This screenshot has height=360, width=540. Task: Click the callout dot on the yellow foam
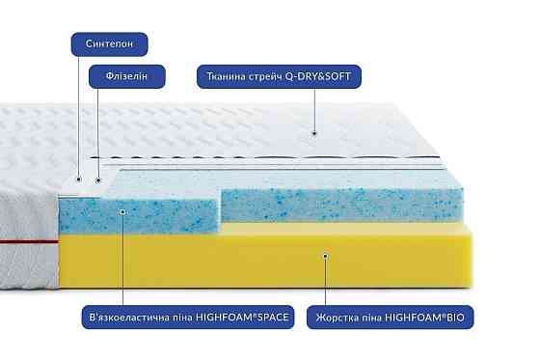point(326,256)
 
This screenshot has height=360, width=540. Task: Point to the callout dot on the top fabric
point(314,131)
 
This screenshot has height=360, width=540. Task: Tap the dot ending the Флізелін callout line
point(97,179)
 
